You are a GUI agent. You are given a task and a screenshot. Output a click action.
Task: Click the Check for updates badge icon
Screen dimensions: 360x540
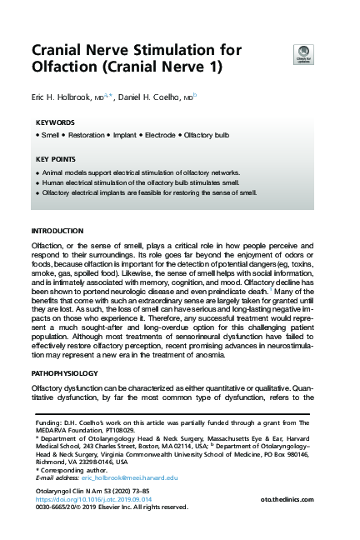(x=303, y=54)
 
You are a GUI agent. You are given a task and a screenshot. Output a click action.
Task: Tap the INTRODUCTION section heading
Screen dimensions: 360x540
(x=57, y=230)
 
